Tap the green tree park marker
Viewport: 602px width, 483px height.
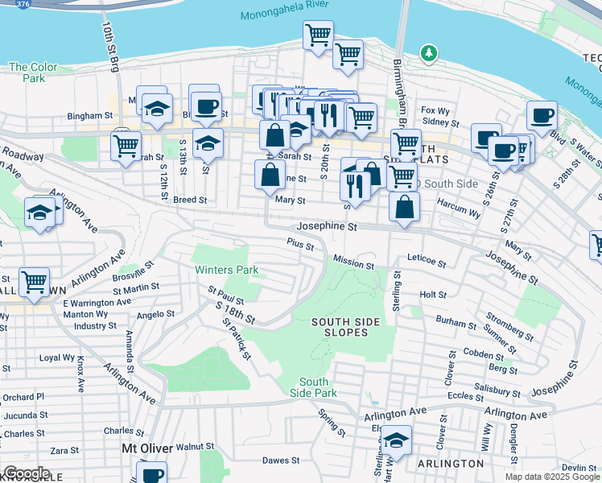pyautogui.click(x=429, y=54)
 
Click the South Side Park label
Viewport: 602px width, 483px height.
pyautogui.click(x=314, y=387)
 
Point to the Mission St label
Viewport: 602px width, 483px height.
pyautogui.click(x=354, y=265)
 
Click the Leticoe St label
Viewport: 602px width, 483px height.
pyautogui.click(x=427, y=262)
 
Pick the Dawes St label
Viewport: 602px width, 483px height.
pyautogui.click(x=281, y=461)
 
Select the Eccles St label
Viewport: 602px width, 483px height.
pyautogui.click(x=466, y=396)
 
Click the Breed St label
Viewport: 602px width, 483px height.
pyautogui.click(x=190, y=200)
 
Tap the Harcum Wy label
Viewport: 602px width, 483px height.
pyautogui.click(x=458, y=215)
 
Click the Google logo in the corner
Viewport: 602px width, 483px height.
pyautogui.click(x=27, y=473)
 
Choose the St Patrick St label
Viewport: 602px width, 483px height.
pyautogui.click(x=237, y=338)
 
